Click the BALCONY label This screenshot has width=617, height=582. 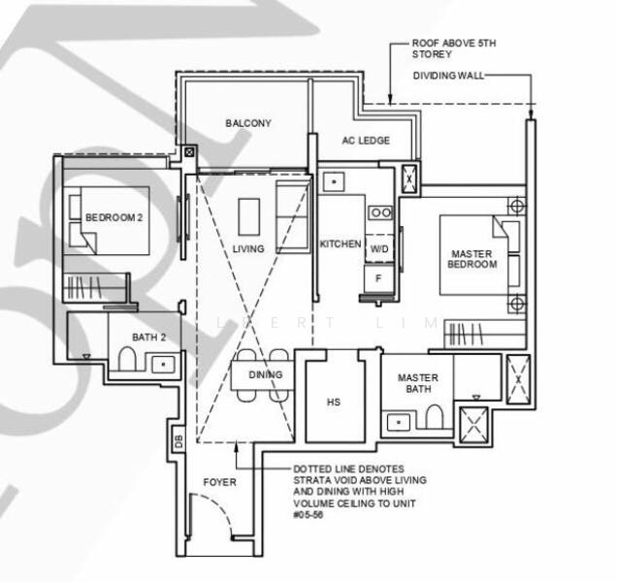point(248,123)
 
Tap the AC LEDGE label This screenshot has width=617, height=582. point(367,141)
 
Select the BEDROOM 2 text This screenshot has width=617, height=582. point(114,218)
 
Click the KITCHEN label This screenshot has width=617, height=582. point(341,244)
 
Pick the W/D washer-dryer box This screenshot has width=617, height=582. point(379,249)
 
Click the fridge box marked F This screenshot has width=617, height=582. point(379,277)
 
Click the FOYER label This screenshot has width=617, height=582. point(219,482)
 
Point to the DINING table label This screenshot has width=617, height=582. point(265,374)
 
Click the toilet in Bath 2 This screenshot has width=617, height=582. point(124,362)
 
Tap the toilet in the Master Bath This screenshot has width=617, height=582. point(434,417)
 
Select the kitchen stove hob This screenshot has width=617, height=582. point(380,211)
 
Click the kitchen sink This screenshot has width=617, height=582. point(333,181)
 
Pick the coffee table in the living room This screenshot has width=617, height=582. point(248,216)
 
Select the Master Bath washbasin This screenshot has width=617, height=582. point(397,422)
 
